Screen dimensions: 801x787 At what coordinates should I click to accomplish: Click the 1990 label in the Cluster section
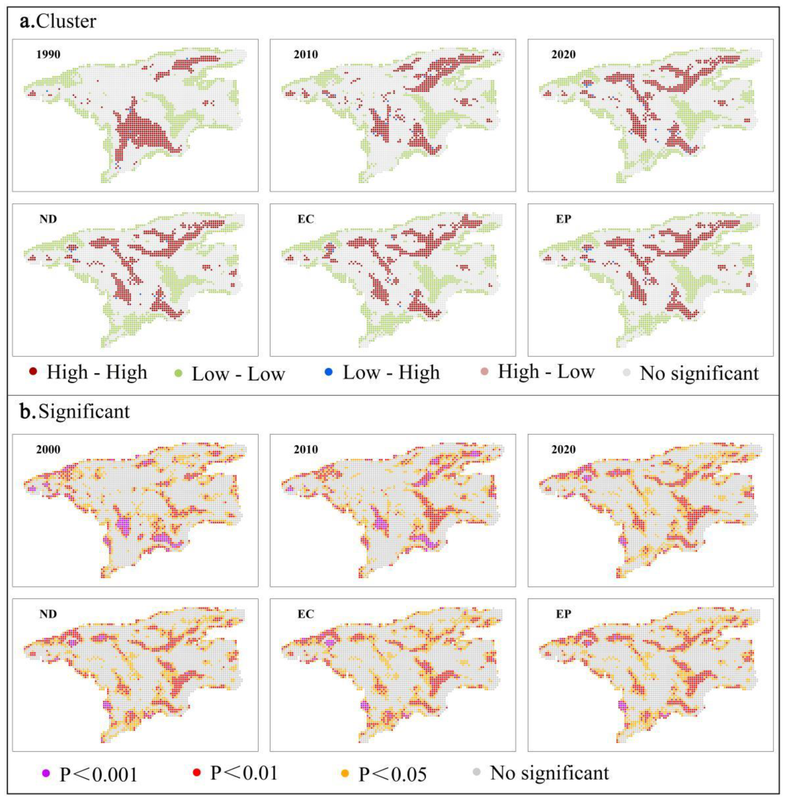tap(48, 55)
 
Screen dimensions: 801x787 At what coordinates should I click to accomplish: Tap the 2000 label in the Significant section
tap(48, 450)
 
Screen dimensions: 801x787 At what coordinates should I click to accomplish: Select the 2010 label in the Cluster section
tap(306, 55)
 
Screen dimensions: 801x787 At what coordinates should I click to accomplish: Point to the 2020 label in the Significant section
tap(563, 450)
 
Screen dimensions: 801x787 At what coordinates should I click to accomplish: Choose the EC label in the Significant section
tap(306, 614)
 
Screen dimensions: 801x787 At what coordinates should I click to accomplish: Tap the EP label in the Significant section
tap(563, 614)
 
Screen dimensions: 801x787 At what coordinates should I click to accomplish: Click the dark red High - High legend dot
tap(34, 371)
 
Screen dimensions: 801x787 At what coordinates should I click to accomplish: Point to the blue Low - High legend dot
tap(329, 372)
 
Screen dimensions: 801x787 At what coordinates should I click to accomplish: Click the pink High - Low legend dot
tap(485, 371)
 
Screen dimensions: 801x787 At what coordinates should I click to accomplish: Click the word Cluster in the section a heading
tap(66, 21)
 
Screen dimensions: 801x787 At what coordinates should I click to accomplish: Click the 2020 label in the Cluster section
tap(563, 55)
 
